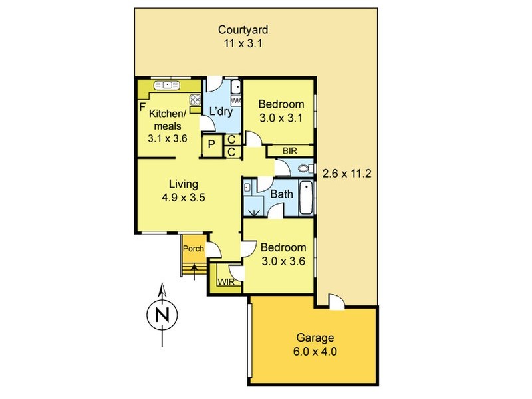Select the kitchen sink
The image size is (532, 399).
click(x=166, y=85)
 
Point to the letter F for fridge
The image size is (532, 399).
click(x=142, y=106)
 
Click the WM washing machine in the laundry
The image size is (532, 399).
click(x=235, y=100)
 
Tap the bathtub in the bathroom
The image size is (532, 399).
click(x=305, y=198)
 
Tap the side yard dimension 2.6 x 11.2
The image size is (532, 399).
click(x=346, y=174)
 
